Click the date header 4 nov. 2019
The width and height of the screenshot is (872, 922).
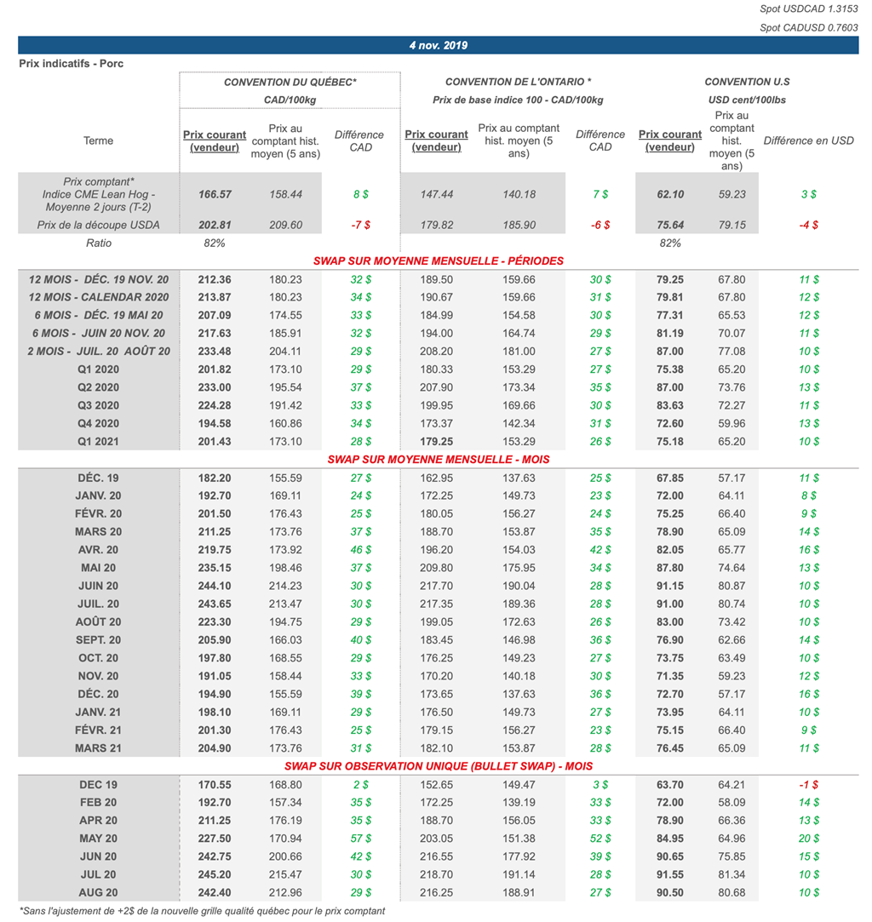(438, 46)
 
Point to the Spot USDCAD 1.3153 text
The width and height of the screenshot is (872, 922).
(809, 9)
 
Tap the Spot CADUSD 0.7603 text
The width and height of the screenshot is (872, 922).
(809, 28)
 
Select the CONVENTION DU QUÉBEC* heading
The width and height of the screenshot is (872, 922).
(290, 82)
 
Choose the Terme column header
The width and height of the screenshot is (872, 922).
(98, 141)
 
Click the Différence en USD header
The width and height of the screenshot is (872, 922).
(808, 141)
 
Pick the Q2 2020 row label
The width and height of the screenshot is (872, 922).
(98, 387)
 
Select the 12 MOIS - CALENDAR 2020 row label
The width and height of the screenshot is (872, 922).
(98, 297)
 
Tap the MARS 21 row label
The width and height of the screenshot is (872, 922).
(98, 748)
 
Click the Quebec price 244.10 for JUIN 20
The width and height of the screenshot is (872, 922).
(215, 586)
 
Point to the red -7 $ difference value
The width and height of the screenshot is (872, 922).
(360, 225)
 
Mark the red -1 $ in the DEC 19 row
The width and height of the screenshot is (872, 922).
(808, 785)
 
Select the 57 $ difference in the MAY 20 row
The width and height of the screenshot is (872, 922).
(360, 839)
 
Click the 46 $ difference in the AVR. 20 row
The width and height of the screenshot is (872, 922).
(360, 550)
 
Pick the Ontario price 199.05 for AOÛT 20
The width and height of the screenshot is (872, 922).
(436, 622)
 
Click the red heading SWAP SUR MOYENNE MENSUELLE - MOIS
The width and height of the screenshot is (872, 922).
(438, 460)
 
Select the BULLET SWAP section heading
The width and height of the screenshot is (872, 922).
(438, 766)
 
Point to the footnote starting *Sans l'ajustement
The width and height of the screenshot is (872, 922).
(201, 911)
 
